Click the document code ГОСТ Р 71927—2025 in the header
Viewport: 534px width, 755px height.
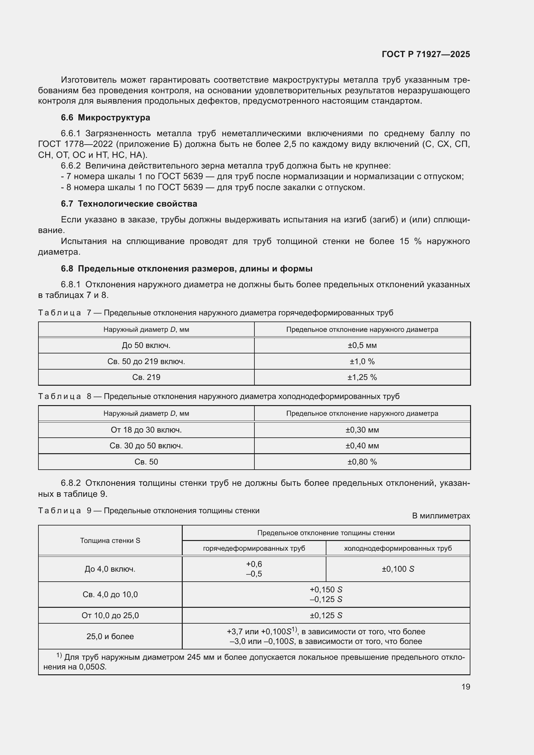coord(426,54)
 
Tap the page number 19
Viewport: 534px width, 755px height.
coord(465,687)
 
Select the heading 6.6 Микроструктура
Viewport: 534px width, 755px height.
coord(105,117)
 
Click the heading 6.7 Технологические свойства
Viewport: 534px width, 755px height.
coord(129,204)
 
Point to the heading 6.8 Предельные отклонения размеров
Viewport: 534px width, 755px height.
coord(186,269)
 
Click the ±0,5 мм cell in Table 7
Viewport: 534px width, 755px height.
coord(362,345)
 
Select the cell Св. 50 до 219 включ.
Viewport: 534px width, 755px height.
coord(146,362)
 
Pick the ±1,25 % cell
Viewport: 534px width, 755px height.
coord(362,377)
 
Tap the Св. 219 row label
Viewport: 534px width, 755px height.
coord(146,377)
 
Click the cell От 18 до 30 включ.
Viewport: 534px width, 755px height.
coord(146,430)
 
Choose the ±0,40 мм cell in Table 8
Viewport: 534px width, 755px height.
coord(362,445)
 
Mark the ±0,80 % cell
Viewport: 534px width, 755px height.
coord(362,462)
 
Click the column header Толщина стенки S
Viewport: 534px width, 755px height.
coord(110,541)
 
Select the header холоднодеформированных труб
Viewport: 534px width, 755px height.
coord(397,548)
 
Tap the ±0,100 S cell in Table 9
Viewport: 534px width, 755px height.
coord(397,569)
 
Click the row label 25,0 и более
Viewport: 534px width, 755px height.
coord(110,636)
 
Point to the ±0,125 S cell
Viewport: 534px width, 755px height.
coord(326,615)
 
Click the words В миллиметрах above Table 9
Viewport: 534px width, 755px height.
coord(441,515)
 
